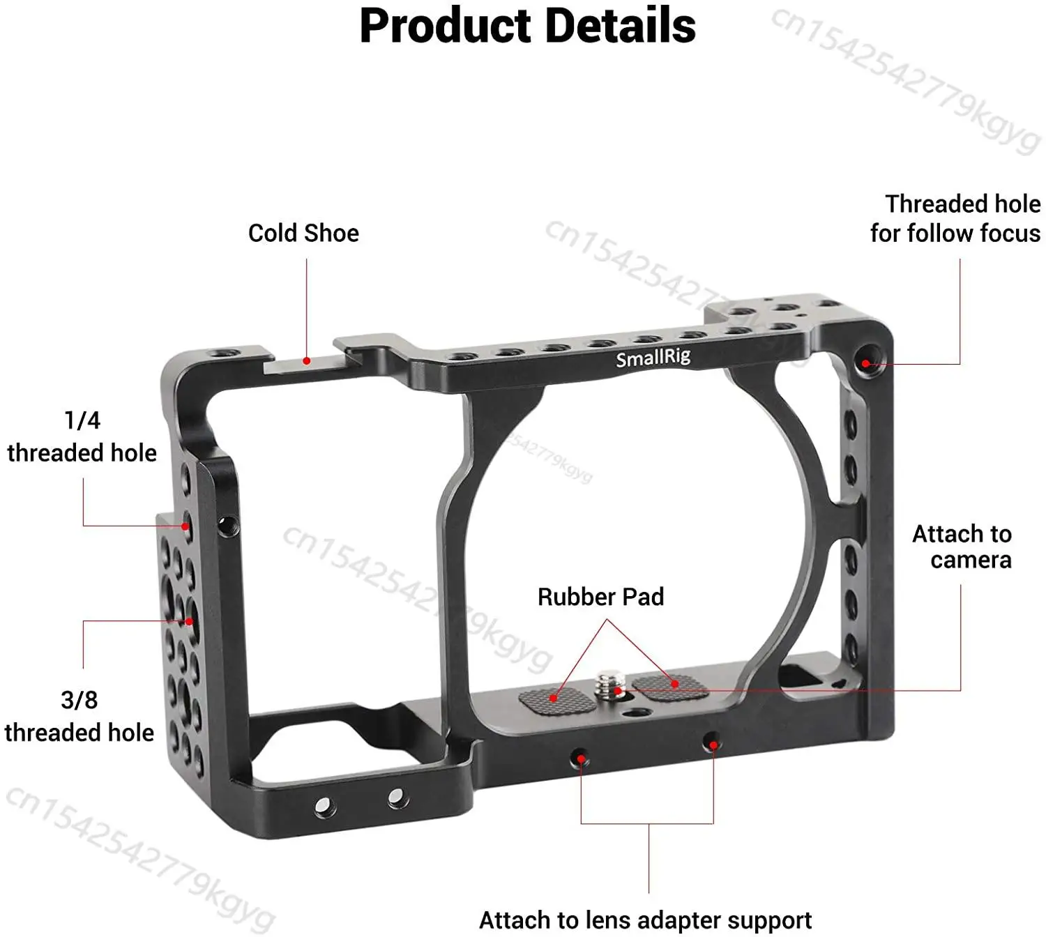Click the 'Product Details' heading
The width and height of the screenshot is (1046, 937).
[x=527, y=26]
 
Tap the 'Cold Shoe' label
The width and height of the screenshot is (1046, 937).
[x=303, y=233]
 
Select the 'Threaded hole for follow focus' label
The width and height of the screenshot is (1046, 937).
[x=955, y=218]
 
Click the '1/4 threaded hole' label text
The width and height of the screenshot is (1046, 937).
[x=82, y=436]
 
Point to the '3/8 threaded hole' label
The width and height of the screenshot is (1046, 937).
[x=79, y=716]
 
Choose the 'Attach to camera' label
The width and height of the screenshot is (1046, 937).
[x=962, y=547]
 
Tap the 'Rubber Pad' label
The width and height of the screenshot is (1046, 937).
[x=600, y=597]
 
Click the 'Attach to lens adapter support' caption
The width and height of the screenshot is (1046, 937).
[x=645, y=920]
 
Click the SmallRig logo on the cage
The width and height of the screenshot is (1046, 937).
[x=653, y=358]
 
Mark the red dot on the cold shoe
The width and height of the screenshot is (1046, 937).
[x=306, y=361]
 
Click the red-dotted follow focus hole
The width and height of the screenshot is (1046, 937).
[x=865, y=363]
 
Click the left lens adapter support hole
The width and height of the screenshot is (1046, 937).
[x=580, y=758]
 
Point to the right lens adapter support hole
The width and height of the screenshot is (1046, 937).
[x=712, y=743]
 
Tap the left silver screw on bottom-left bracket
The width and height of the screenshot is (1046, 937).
[x=323, y=807]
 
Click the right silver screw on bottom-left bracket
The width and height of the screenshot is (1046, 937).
[x=397, y=796]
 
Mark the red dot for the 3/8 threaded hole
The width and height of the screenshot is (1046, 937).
[x=188, y=621]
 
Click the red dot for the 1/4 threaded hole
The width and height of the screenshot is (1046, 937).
[x=185, y=526]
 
